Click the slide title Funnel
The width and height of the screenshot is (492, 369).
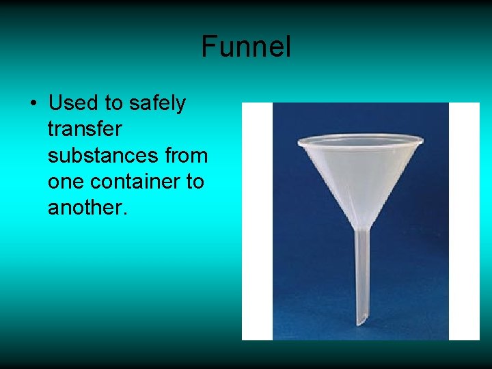pos(246,46)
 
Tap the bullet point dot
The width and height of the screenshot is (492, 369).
pos(32,104)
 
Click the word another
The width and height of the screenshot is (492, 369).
pos(87,208)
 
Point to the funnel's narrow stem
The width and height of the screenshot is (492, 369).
pos(361,273)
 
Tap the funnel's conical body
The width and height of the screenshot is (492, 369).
pos(360,178)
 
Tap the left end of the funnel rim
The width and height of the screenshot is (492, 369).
pos(300,142)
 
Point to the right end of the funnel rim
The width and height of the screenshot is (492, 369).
pos(422,141)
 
